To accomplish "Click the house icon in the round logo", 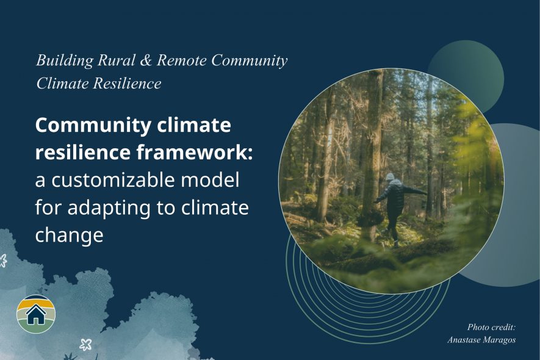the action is coord(36,314).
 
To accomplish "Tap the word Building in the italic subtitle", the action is coord(65,60).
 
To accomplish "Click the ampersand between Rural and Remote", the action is coord(146,60).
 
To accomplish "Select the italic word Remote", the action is coord(182,60).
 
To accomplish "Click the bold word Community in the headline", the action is coord(93,126).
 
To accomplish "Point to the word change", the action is coord(69,236).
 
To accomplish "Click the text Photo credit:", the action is coord(491,327).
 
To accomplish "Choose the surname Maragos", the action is coord(499,340).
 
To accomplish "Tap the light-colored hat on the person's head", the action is coord(389,177).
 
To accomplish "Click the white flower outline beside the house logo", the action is coord(86,344).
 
